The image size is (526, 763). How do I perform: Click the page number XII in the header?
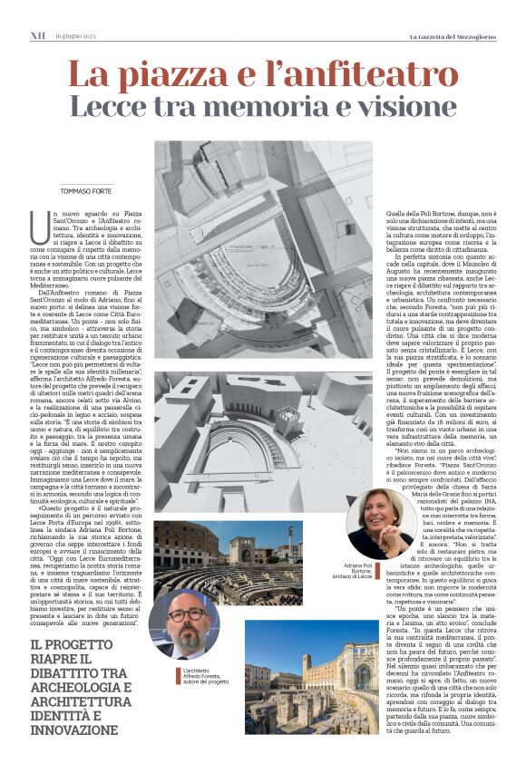pyautogui.click(x=37, y=35)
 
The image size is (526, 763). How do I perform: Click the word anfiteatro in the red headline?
pyautogui.click(x=364, y=74)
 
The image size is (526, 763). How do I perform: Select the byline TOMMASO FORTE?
pyautogui.click(x=87, y=190)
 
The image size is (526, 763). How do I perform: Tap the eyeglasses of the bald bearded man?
pyautogui.click(x=185, y=614)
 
